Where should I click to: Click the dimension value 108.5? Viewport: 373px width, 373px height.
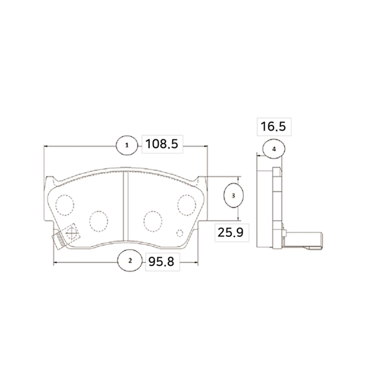pyautogui.click(x=162, y=144)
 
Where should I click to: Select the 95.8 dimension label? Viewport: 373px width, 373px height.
pyautogui.click(x=161, y=262)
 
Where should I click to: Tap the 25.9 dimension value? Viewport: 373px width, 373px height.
pyautogui.click(x=231, y=232)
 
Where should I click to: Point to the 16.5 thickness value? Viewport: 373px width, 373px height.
pyautogui.click(x=273, y=126)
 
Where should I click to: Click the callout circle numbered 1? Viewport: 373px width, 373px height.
pyautogui.click(x=127, y=145)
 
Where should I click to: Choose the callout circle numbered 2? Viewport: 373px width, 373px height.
pyautogui.click(x=130, y=261)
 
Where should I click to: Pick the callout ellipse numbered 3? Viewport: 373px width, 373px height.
pyautogui.click(x=233, y=196)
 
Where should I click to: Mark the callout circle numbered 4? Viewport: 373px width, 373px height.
pyautogui.click(x=274, y=149)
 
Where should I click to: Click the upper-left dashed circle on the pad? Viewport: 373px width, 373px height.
pyautogui.click(x=65, y=205)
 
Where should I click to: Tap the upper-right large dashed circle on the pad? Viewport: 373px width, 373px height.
pyautogui.click(x=186, y=205)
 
